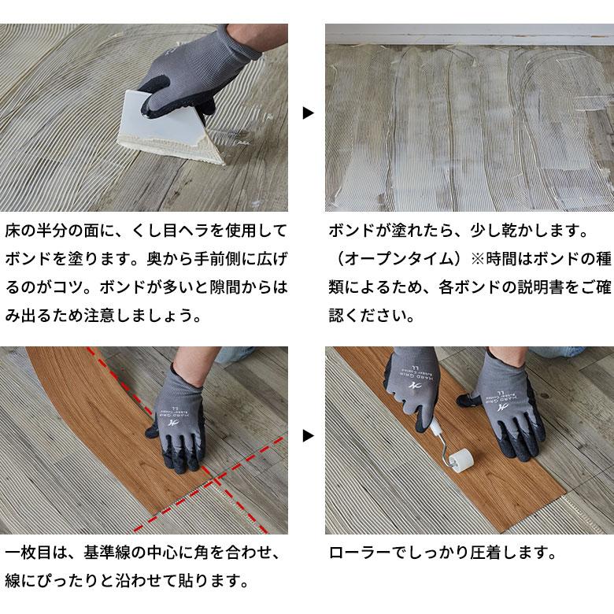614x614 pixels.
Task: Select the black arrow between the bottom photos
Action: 308,435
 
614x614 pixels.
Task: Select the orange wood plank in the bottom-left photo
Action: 102,394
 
